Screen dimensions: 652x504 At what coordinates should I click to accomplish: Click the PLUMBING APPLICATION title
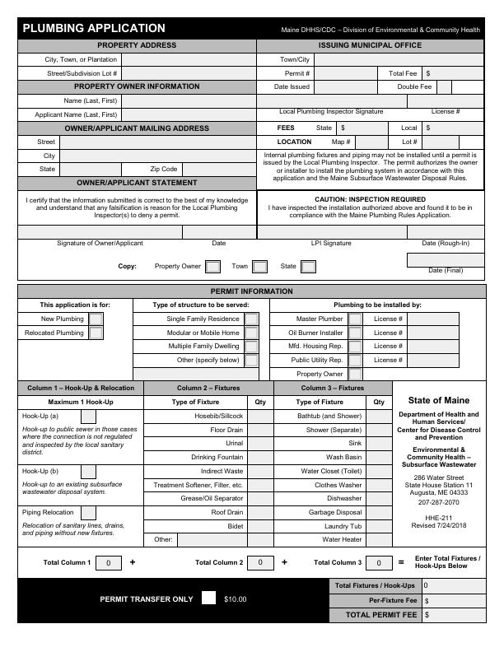(x=94, y=29)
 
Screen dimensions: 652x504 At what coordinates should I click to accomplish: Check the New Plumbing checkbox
(x=96, y=319)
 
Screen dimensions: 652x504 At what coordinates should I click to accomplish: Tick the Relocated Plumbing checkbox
(x=96, y=333)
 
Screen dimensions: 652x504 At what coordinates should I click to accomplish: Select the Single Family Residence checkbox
(x=251, y=319)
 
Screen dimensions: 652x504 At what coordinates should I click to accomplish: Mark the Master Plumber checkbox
(x=355, y=319)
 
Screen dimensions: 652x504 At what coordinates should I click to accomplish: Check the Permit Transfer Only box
(x=209, y=598)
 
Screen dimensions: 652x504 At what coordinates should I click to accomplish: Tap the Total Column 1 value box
(x=109, y=563)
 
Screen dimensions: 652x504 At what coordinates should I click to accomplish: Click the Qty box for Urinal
(x=260, y=443)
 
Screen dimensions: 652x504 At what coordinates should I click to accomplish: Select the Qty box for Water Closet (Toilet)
(x=379, y=471)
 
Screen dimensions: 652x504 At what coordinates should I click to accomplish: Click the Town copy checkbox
(x=259, y=267)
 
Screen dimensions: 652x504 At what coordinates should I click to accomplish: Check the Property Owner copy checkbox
(x=212, y=267)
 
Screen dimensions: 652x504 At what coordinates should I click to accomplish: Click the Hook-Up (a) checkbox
(x=88, y=417)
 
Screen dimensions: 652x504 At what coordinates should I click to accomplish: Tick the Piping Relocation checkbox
(x=88, y=512)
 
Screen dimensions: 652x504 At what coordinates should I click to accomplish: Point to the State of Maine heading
(x=439, y=400)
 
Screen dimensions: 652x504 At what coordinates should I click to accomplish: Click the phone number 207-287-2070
(x=439, y=501)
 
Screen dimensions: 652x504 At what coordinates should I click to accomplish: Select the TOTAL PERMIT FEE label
(x=381, y=615)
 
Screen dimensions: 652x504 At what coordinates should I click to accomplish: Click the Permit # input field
(x=347, y=73)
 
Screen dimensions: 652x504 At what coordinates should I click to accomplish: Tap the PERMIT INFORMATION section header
(x=251, y=291)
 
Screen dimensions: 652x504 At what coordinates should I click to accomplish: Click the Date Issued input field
(x=347, y=86)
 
